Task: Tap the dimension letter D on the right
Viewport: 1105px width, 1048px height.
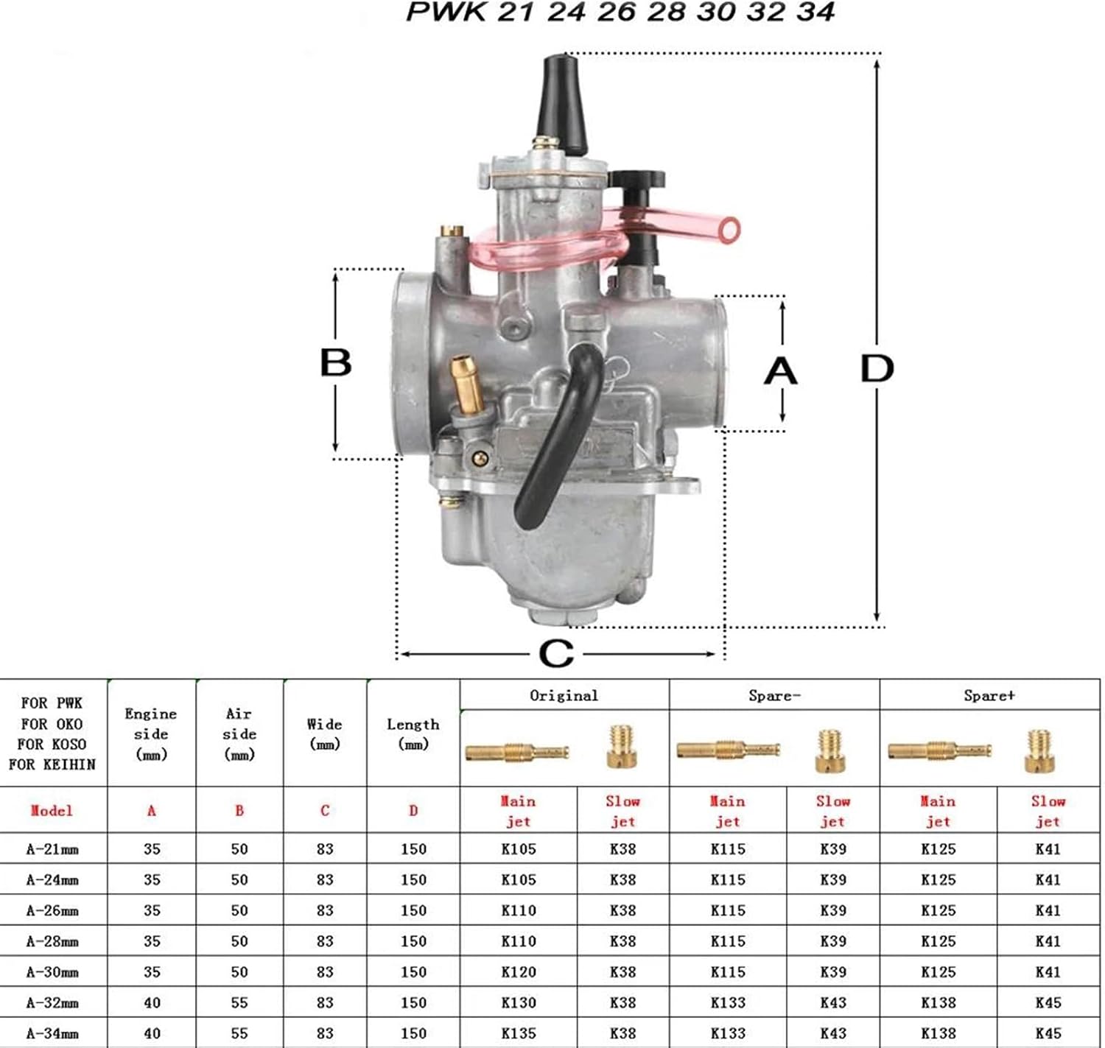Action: [877, 369]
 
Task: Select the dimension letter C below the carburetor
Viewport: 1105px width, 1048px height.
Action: [556, 653]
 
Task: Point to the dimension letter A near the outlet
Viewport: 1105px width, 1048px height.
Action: [780, 371]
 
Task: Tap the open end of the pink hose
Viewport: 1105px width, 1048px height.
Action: [729, 230]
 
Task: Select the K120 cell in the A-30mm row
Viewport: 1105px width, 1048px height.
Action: [518, 971]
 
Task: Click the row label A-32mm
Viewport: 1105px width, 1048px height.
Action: [52, 1002]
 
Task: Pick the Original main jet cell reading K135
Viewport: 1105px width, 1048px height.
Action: [518, 1033]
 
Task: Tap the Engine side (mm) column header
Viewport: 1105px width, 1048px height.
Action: [150, 734]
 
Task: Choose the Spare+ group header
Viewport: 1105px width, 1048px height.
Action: [989, 696]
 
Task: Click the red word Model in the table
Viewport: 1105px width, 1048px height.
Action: [52, 810]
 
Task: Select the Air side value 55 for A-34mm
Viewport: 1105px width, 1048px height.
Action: [239, 1033]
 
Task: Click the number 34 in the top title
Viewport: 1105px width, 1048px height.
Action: [815, 12]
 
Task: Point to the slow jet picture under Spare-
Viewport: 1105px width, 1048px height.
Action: [830, 750]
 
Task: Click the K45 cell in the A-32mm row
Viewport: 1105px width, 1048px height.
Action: [1048, 1002]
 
